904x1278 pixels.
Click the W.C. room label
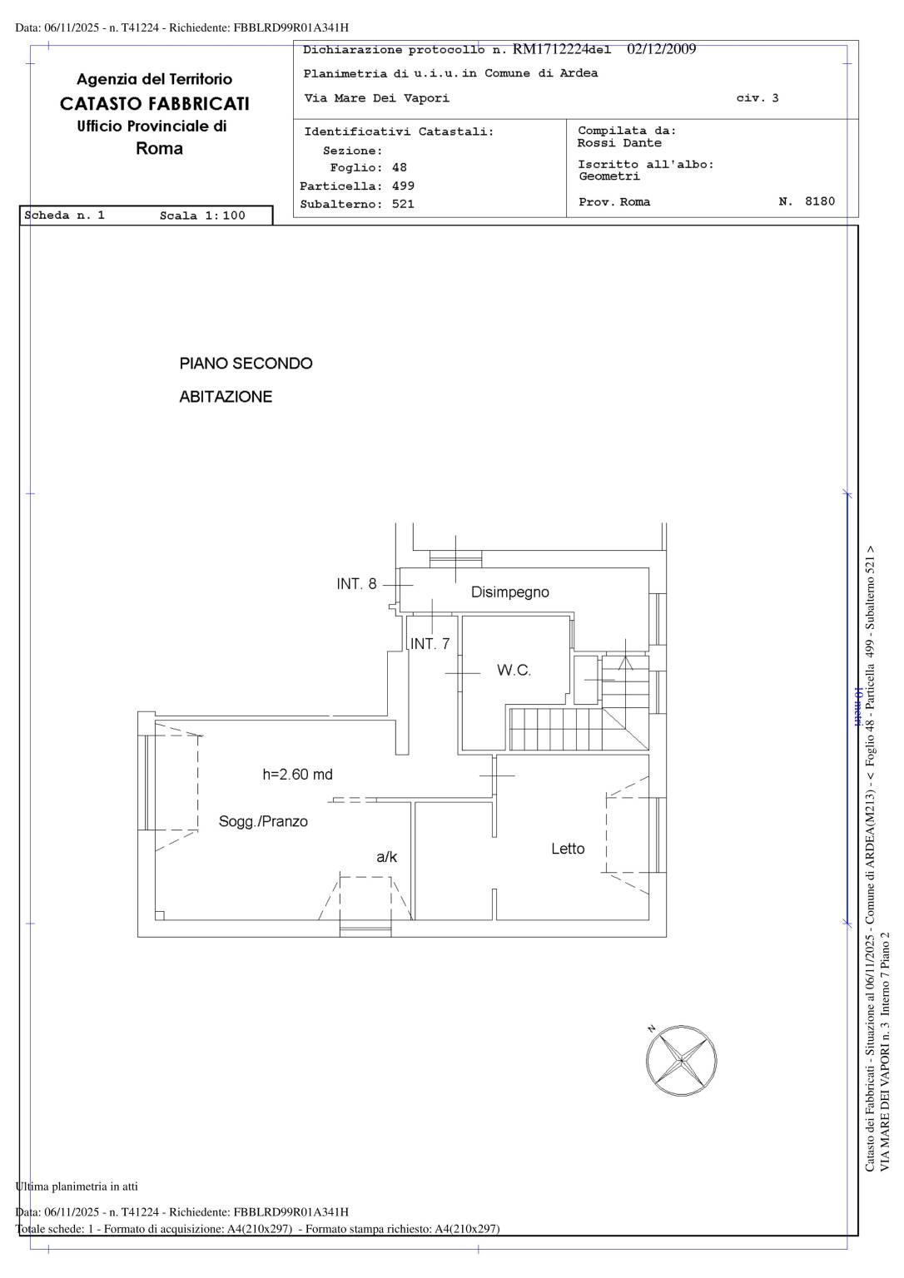[x=514, y=670]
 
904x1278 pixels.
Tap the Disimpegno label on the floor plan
[x=509, y=592]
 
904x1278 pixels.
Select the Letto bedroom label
[x=568, y=849]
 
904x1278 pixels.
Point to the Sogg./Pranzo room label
[x=263, y=821]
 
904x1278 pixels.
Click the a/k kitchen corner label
[x=386, y=856]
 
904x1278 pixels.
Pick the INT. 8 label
[x=356, y=583]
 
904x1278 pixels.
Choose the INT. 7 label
[x=430, y=643]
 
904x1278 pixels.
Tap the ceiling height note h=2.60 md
[x=297, y=775]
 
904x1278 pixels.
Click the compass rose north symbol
[x=681, y=1060]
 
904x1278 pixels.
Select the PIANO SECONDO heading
[x=246, y=364]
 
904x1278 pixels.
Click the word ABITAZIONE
[x=226, y=397]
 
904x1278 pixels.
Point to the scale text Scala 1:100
[x=202, y=215]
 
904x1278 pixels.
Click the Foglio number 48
[x=399, y=168]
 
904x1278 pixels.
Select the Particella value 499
[x=403, y=186]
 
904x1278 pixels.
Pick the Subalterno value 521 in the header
[x=403, y=204]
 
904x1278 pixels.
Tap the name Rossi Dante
[x=619, y=143]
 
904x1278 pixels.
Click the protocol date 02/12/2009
[x=662, y=49]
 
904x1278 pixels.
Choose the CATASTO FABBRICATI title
[x=155, y=104]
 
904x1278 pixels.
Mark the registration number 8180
[x=820, y=201]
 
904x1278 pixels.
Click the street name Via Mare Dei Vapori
[x=376, y=98]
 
